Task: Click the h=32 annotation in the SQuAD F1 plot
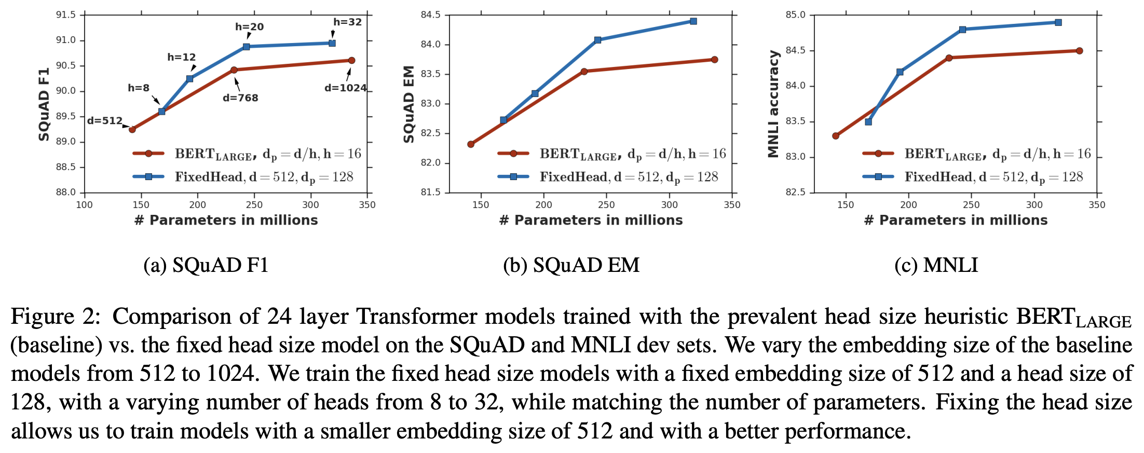coord(347,22)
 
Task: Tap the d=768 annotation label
coord(240,98)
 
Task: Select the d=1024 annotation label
coord(345,88)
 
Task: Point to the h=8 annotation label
coord(139,88)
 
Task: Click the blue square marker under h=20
coord(247,47)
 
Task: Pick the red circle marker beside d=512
coord(132,129)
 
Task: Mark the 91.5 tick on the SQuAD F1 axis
coord(66,15)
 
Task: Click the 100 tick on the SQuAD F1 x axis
coord(85,205)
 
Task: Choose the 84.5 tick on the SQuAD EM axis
coord(430,15)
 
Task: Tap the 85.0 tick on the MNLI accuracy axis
coord(795,15)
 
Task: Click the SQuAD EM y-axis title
coord(409,104)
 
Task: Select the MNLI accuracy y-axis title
coord(774,104)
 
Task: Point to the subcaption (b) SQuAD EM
coord(571,265)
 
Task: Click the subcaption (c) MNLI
coord(936,265)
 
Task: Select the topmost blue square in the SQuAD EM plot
coord(693,21)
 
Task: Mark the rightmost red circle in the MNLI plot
coord(1080,51)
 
